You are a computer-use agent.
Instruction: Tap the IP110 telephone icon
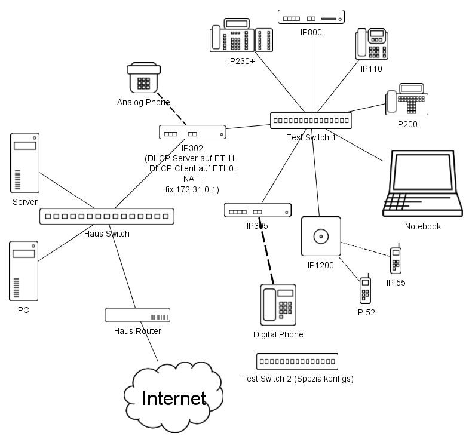click(x=372, y=44)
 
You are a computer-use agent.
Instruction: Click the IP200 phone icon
click(x=406, y=103)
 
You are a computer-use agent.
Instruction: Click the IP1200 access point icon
click(x=321, y=237)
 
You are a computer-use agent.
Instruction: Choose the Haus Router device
click(x=137, y=315)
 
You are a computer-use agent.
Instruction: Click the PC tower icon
click(x=24, y=272)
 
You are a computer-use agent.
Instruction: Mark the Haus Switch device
click(x=107, y=216)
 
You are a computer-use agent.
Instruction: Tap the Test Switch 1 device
click(x=310, y=121)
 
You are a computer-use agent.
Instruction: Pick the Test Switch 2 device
click(x=297, y=361)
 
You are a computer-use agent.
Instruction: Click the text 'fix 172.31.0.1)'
click(x=192, y=189)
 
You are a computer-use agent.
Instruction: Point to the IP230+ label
click(x=241, y=61)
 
